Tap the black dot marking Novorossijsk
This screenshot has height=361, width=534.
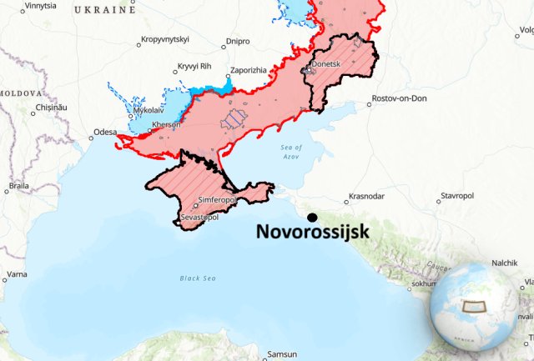pos(312,216)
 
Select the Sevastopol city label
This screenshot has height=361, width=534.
pos(200,217)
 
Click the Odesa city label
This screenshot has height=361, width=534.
pos(105,132)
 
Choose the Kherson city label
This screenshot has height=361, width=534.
pos(166,124)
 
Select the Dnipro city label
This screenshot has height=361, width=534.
pos(238,40)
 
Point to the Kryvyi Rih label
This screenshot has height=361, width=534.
pos(195,67)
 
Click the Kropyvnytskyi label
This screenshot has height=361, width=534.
pos(165,39)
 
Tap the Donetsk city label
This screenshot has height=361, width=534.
pos(325,63)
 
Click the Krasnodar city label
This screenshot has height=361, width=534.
pos(367,196)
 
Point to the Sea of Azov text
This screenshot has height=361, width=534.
pos(291,152)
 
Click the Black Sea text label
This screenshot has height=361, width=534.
pos(198,278)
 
